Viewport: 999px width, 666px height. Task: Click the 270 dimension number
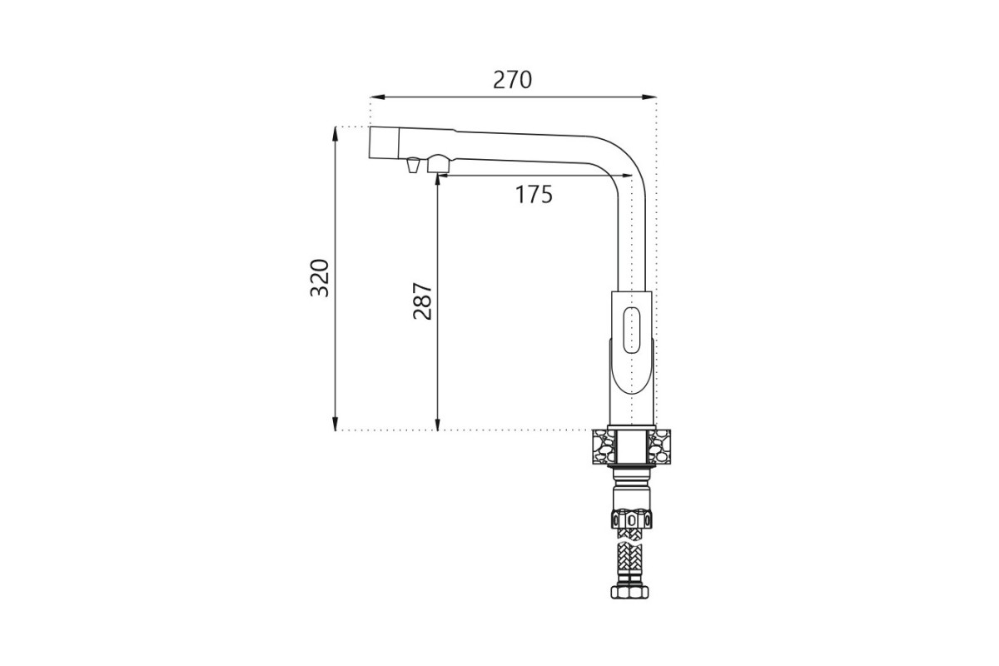513,80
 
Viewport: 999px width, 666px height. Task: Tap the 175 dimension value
534,195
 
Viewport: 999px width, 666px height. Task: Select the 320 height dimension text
320,278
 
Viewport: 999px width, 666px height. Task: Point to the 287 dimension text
423,301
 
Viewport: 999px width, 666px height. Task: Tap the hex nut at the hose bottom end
629,592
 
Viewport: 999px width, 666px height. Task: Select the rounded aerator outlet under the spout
439,164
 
